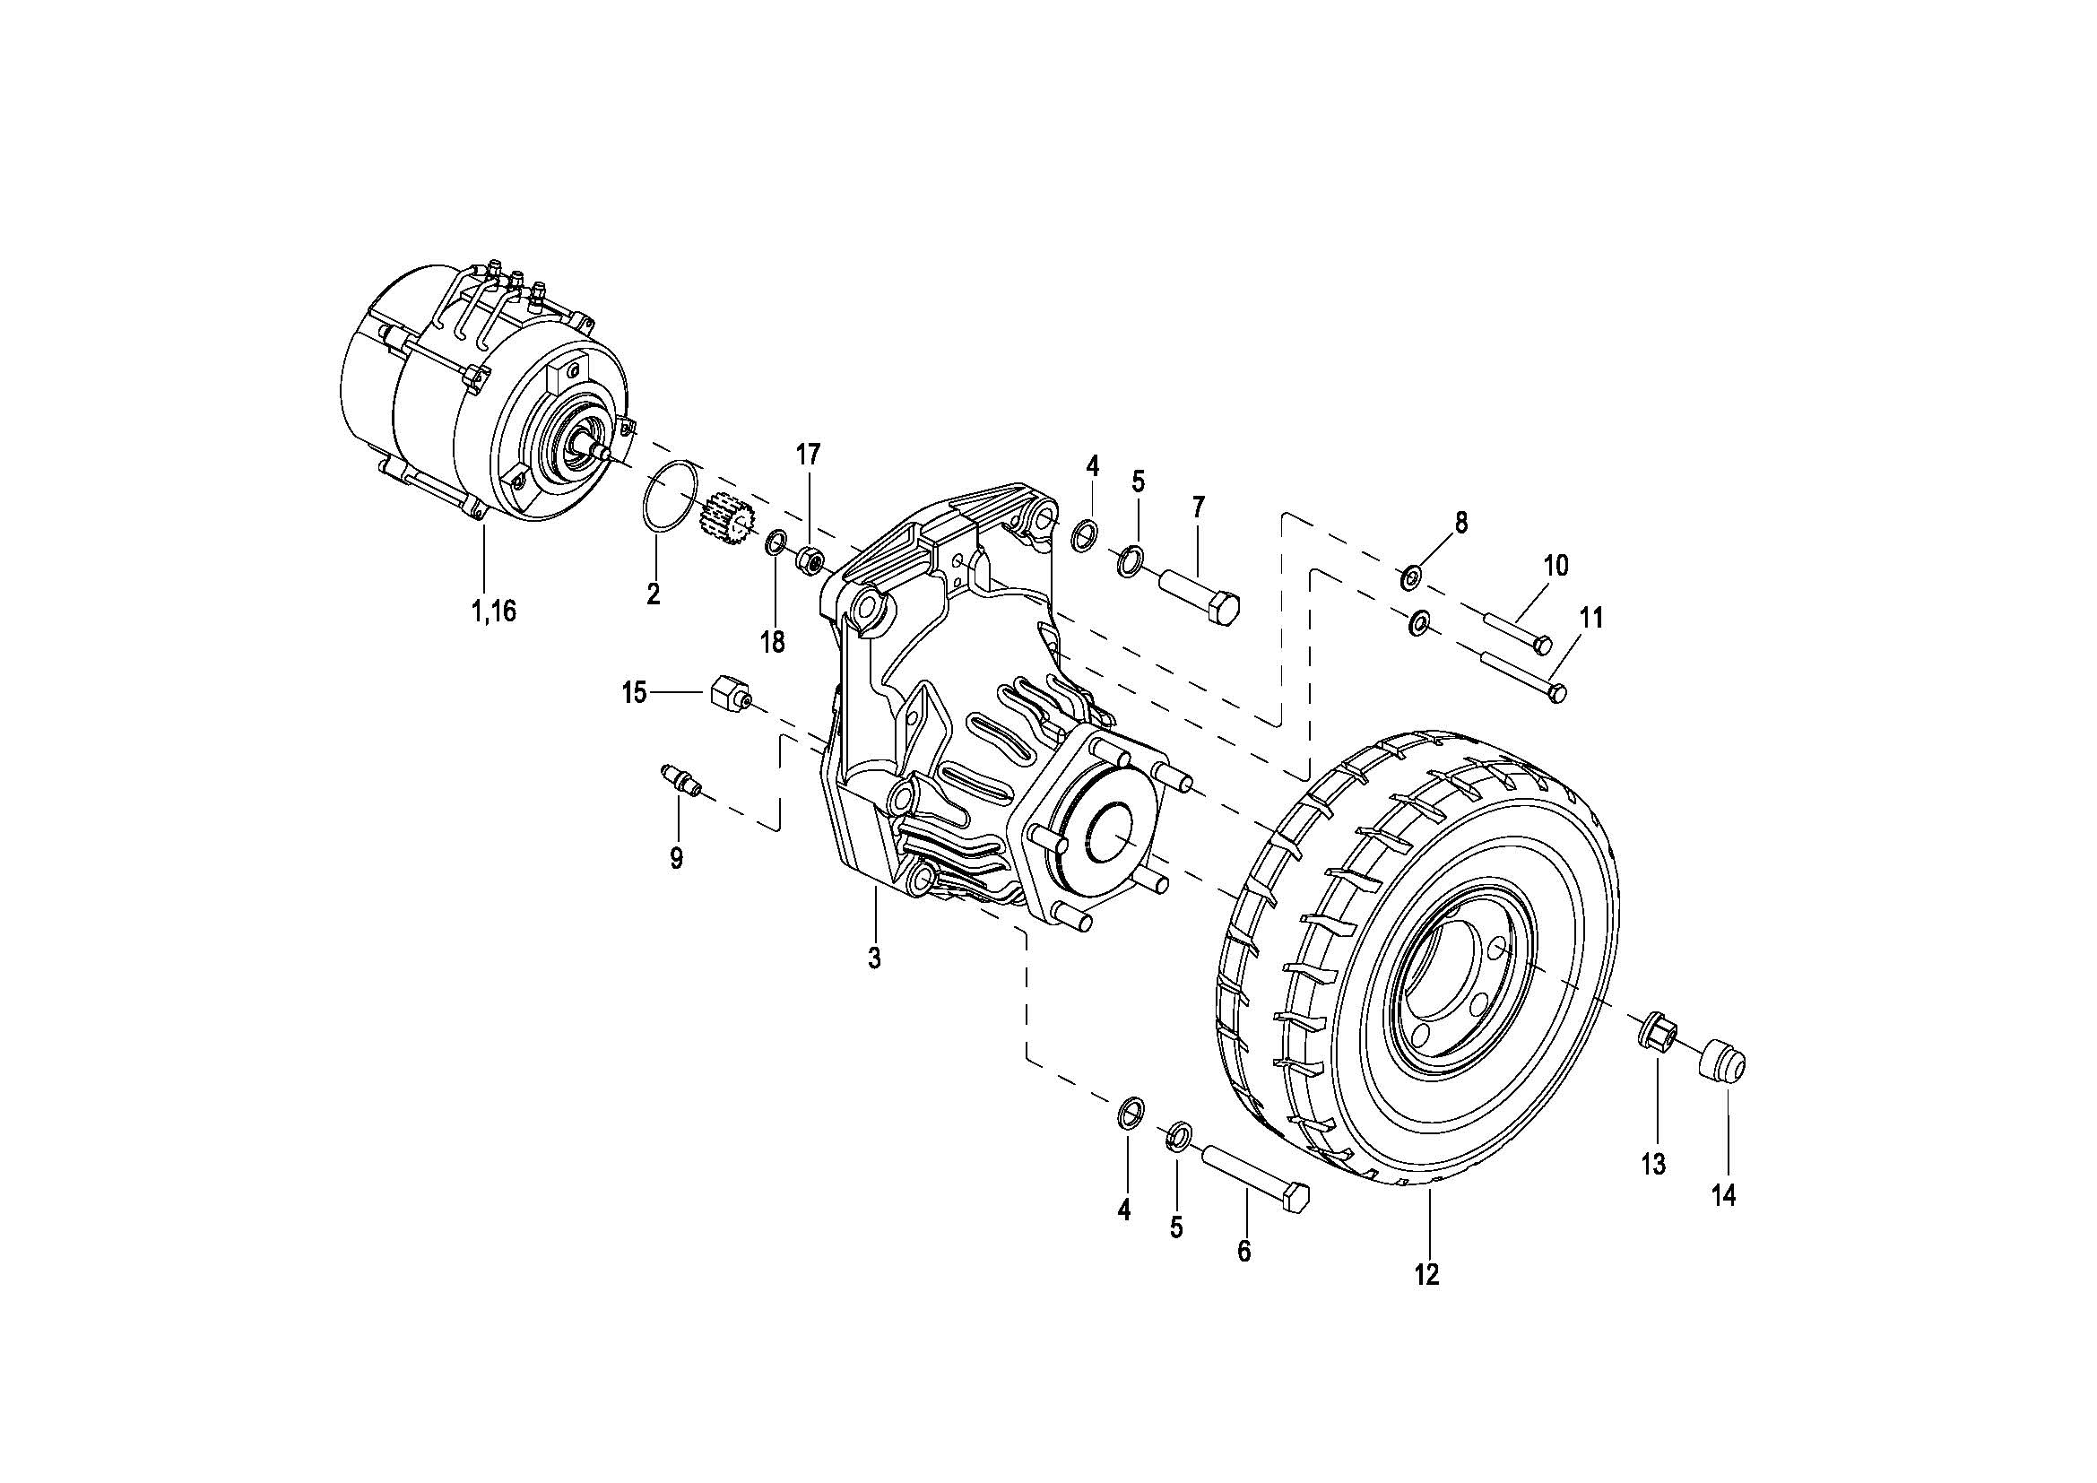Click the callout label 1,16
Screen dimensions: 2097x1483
(493, 611)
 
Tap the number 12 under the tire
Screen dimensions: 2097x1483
(1426, 1274)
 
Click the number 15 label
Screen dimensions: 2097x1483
(634, 692)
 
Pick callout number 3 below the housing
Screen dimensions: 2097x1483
(874, 958)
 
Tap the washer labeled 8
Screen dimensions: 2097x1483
(1411, 577)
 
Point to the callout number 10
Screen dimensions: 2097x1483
(1555, 565)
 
